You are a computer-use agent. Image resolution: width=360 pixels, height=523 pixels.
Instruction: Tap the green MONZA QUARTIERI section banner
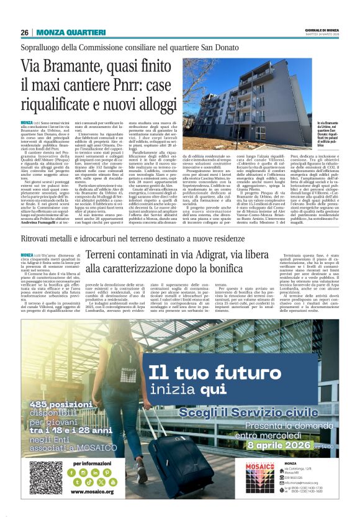(x=65, y=32)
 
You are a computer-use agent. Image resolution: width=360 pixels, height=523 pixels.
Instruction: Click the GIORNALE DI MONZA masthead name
(x=324, y=30)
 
